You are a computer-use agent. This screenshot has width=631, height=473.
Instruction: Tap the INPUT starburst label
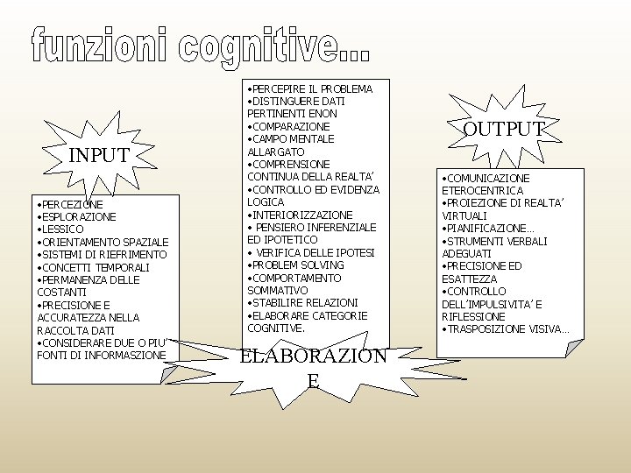(100, 156)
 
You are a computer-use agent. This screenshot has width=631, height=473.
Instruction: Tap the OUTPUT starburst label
(503, 131)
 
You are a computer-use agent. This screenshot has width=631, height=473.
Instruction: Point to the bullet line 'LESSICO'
(61, 229)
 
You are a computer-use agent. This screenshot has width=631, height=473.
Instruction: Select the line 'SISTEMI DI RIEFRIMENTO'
(102, 254)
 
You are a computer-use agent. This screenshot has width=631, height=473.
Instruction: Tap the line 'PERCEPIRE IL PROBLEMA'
(310, 88)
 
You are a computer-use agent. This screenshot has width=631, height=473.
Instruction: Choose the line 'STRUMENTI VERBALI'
(496, 241)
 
